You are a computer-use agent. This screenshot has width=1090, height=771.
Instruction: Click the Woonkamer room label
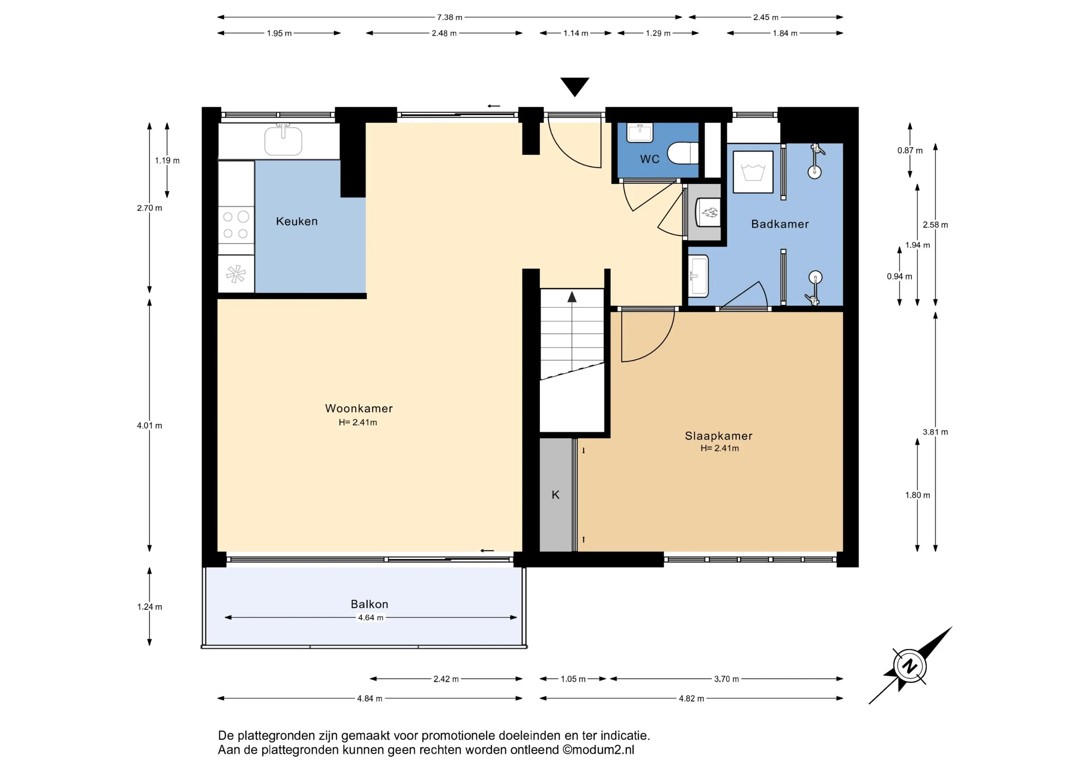[359, 409]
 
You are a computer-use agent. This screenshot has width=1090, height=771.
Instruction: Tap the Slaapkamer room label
[719, 436]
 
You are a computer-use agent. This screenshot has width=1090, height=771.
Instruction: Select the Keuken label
[297, 221]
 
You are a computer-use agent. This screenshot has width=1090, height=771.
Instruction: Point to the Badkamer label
[780, 224]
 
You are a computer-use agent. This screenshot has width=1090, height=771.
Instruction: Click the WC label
[650, 159]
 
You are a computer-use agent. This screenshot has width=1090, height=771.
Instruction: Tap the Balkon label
[370, 604]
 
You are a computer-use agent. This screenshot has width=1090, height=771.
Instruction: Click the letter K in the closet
[556, 495]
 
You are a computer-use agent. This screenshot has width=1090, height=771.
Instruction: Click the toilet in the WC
[683, 153]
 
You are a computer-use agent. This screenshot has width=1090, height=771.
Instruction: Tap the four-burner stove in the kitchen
[236, 225]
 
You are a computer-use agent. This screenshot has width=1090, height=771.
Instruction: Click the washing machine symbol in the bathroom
[753, 172]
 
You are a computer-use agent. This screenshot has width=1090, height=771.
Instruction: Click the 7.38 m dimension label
[449, 17]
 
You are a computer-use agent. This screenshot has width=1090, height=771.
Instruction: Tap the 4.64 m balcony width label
[371, 618]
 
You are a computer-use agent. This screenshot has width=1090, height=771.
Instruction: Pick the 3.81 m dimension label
[935, 432]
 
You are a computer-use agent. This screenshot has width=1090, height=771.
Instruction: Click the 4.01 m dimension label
[150, 426]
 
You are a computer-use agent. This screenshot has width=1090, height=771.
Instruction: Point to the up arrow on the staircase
[572, 297]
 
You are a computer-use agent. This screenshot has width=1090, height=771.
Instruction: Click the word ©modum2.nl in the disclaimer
[598, 750]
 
